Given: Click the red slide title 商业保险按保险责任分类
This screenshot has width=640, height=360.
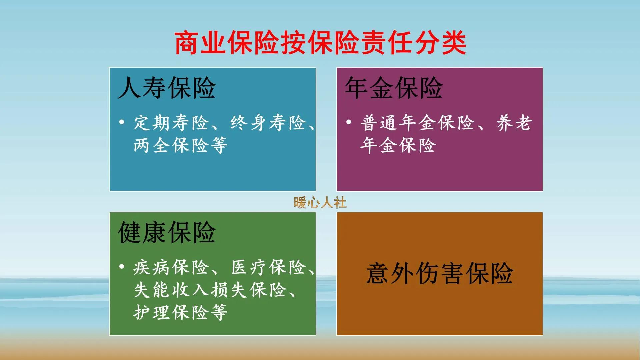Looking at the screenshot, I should [320, 43].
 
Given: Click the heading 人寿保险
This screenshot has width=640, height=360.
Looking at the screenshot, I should [167, 88].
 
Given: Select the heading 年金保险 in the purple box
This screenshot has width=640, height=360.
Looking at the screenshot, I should [394, 88].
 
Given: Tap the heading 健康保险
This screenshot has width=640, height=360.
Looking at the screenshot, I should [167, 233].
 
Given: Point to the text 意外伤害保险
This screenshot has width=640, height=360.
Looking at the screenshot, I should [440, 274].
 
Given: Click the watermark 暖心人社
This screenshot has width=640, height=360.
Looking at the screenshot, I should [320, 203].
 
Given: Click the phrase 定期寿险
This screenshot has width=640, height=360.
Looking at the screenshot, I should [171, 123].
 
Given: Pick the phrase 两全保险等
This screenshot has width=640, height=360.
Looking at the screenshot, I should [180, 146].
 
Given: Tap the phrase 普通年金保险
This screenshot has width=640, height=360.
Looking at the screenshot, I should [417, 123].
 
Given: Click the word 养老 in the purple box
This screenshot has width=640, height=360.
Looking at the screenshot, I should [514, 123].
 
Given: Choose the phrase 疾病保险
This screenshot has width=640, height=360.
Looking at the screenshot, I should [171, 268].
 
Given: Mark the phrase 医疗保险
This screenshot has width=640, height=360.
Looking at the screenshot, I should [269, 268].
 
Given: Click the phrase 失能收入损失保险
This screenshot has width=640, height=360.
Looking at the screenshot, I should [210, 290].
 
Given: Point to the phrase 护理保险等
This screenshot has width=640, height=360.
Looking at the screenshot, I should [180, 313].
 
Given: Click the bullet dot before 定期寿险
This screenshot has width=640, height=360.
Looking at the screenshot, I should [122, 122].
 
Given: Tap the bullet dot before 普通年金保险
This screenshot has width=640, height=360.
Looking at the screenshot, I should [349, 122].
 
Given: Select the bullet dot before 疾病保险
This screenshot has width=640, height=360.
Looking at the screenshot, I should [122, 267].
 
